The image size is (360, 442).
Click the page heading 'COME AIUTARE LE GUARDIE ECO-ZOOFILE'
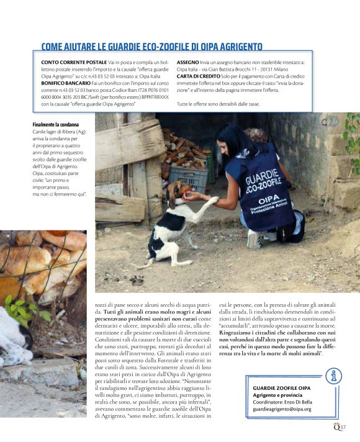click(151, 47)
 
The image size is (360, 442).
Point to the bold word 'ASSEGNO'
click(188, 63)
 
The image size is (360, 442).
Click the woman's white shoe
click(253, 238)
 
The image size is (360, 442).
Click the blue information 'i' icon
click(334, 376)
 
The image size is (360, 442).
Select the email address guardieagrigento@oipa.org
click(282, 409)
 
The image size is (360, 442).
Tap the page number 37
click(343, 426)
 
